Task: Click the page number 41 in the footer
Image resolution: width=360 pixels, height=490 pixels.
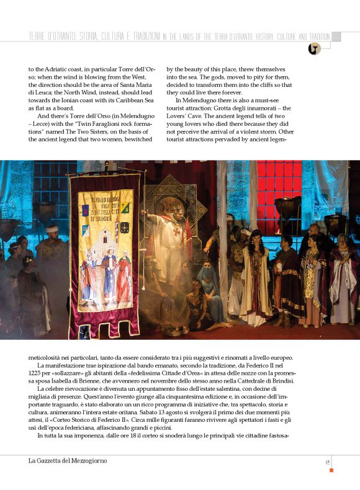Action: coord(327,461)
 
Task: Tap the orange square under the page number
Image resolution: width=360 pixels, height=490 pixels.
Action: coord(331,470)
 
